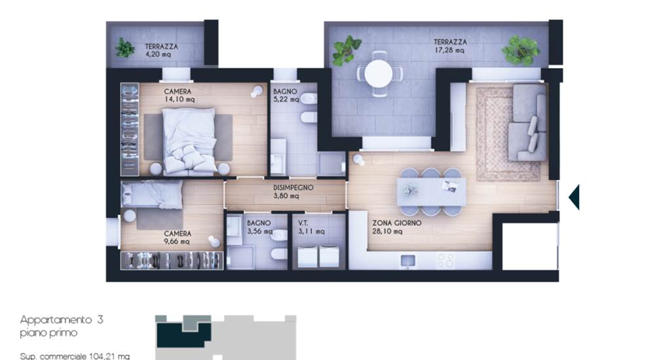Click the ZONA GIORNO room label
click(x=396, y=223)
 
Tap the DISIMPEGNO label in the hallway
click(x=293, y=187)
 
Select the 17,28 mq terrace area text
click(x=449, y=50)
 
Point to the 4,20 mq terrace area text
click(x=158, y=54)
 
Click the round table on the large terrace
click(x=379, y=73)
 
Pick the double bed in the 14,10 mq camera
click(x=189, y=141)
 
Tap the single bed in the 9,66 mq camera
click(x=152, y=194)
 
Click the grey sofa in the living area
click(x=527, y=123)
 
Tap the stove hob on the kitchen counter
click(x=445, y=261)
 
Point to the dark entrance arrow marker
click(x=574, y=197)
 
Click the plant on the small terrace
click(x=124, y=48)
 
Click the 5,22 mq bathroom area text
click(x=286, y=99)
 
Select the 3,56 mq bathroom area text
click(x=259, y=231)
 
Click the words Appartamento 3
click(x=62, y=320)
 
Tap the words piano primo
click(x=48, y=333)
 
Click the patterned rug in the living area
click(x=508, y=134)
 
